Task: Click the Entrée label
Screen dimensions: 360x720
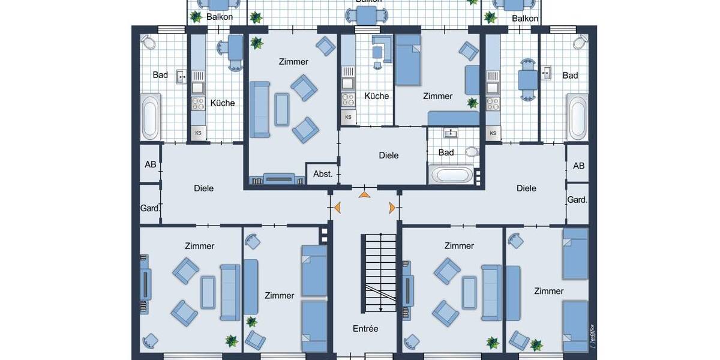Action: (365, 329)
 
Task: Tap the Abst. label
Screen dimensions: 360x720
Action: (323, 174)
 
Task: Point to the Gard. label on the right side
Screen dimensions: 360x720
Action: (577, 200)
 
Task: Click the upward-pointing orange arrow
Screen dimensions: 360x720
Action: (364, 194)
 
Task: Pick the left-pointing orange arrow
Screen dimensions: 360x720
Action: (338, 208)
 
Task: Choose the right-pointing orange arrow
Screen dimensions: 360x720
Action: (392, 208)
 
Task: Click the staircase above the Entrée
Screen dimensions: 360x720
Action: (379, 272)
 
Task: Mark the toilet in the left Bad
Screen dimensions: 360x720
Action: (148, 43)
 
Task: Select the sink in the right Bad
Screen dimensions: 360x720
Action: (547, 73)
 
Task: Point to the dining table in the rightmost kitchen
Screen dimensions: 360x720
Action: (527, 80)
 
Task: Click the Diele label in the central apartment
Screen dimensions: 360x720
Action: (389, 155)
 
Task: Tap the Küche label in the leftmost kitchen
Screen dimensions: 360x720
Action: (223, 103)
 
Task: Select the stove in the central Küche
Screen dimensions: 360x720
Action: (347, 100)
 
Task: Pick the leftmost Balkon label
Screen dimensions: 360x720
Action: (220, 17)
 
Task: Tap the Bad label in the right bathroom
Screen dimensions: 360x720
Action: (570, 76)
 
